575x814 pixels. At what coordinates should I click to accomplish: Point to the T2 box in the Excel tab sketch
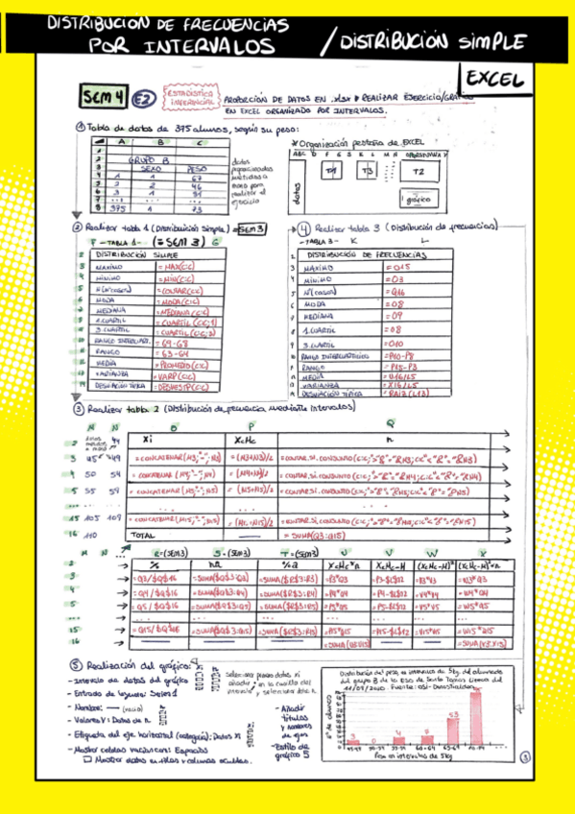(418, 170)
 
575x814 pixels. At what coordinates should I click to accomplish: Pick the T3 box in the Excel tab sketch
(367, 170)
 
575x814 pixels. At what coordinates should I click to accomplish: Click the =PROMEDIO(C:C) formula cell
(182, 364)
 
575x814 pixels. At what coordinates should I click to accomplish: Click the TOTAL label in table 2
(142, 534)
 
